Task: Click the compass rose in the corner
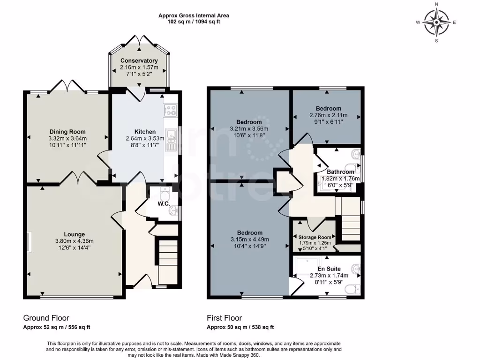point(436,22)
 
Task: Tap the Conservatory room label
point(139,61)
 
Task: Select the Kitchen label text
point(145,132)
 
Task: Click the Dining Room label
point(67,132)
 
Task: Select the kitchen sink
point(171,139)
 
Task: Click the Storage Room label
point(315,237)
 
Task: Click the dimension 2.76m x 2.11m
point(328,115)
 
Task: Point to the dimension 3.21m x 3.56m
point(249,129)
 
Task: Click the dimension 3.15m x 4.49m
point(249,240)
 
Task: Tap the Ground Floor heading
point(46,318)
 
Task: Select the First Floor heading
point(225,318)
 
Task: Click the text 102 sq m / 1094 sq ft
point(194,22)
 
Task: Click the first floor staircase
point(350,220)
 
